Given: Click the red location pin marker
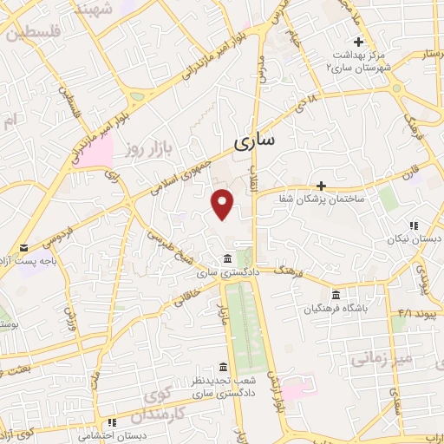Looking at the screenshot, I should pyautogui.click(x=224, y=204).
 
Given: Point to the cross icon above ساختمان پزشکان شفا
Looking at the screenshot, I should pyautogui.click(x=321, y=186).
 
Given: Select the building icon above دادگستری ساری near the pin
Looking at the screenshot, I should pyautogui.click(x=226, y=258).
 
